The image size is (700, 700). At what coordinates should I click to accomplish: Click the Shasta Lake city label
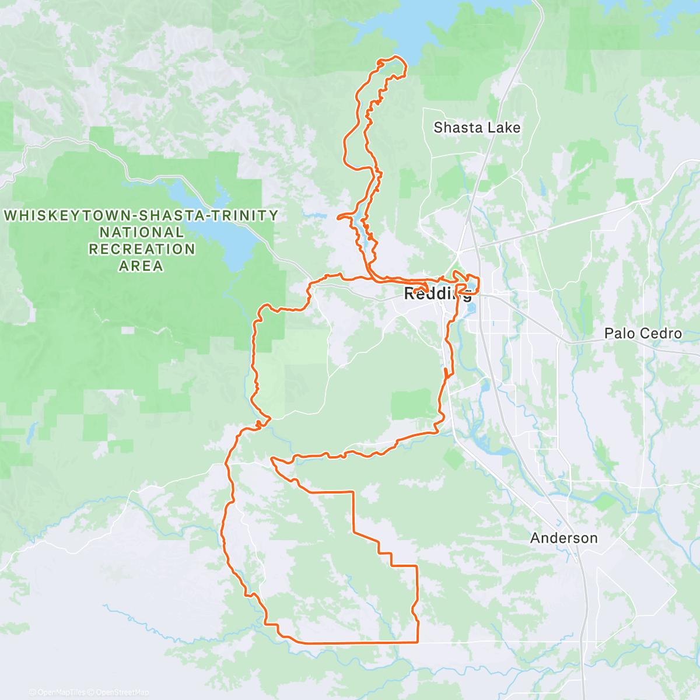[x=477, y=128]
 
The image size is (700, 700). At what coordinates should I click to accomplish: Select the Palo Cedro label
[x=643, y=334]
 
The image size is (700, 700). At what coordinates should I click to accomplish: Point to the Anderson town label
[x=563, y=538]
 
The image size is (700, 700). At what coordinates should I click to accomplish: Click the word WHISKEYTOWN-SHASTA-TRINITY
[x=141, y=216]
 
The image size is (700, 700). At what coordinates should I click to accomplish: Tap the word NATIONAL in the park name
[x=141, y=232]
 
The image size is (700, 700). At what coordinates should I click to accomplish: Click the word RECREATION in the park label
[x=141, y=249]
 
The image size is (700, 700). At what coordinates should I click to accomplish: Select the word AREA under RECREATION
[x=141, y=266]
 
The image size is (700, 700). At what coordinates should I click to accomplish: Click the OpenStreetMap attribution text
[x=123, y=692]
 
